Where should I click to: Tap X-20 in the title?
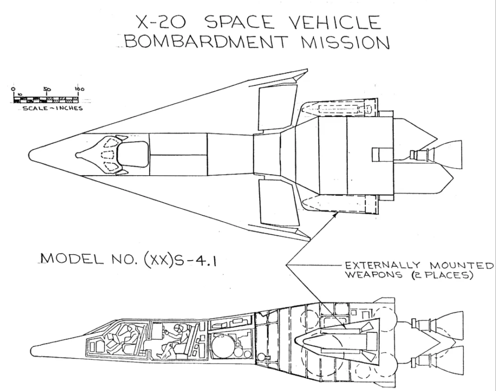[x=160, y=22]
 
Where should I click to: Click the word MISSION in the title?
[x=344, y=42]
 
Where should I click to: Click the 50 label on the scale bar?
[x=47, y=89]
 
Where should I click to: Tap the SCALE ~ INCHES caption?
[x=52, y=108]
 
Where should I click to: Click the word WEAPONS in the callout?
[x=374, y=275]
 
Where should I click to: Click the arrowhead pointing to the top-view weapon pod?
[x=334, y=215]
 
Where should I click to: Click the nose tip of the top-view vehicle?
[x=30, y=155]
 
